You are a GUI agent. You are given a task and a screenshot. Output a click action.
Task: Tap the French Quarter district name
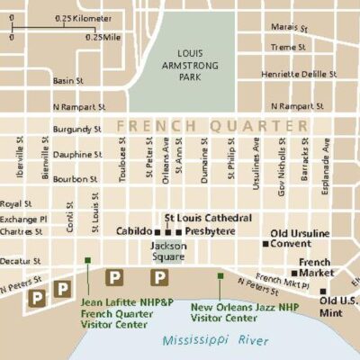tap(210, 125)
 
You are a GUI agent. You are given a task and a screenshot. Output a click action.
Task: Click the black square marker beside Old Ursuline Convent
tap(265, 243)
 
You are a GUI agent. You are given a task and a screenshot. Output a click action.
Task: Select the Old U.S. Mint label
tap(339, 306)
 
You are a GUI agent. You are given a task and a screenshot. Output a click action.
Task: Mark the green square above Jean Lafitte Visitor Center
tap(87, 260)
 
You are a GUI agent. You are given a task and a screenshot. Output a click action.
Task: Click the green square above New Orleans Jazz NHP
tap(220, 275)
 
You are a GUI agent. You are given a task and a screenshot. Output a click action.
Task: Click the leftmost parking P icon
tap(38, 295)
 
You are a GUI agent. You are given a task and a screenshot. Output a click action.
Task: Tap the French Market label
tap(314, 267)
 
